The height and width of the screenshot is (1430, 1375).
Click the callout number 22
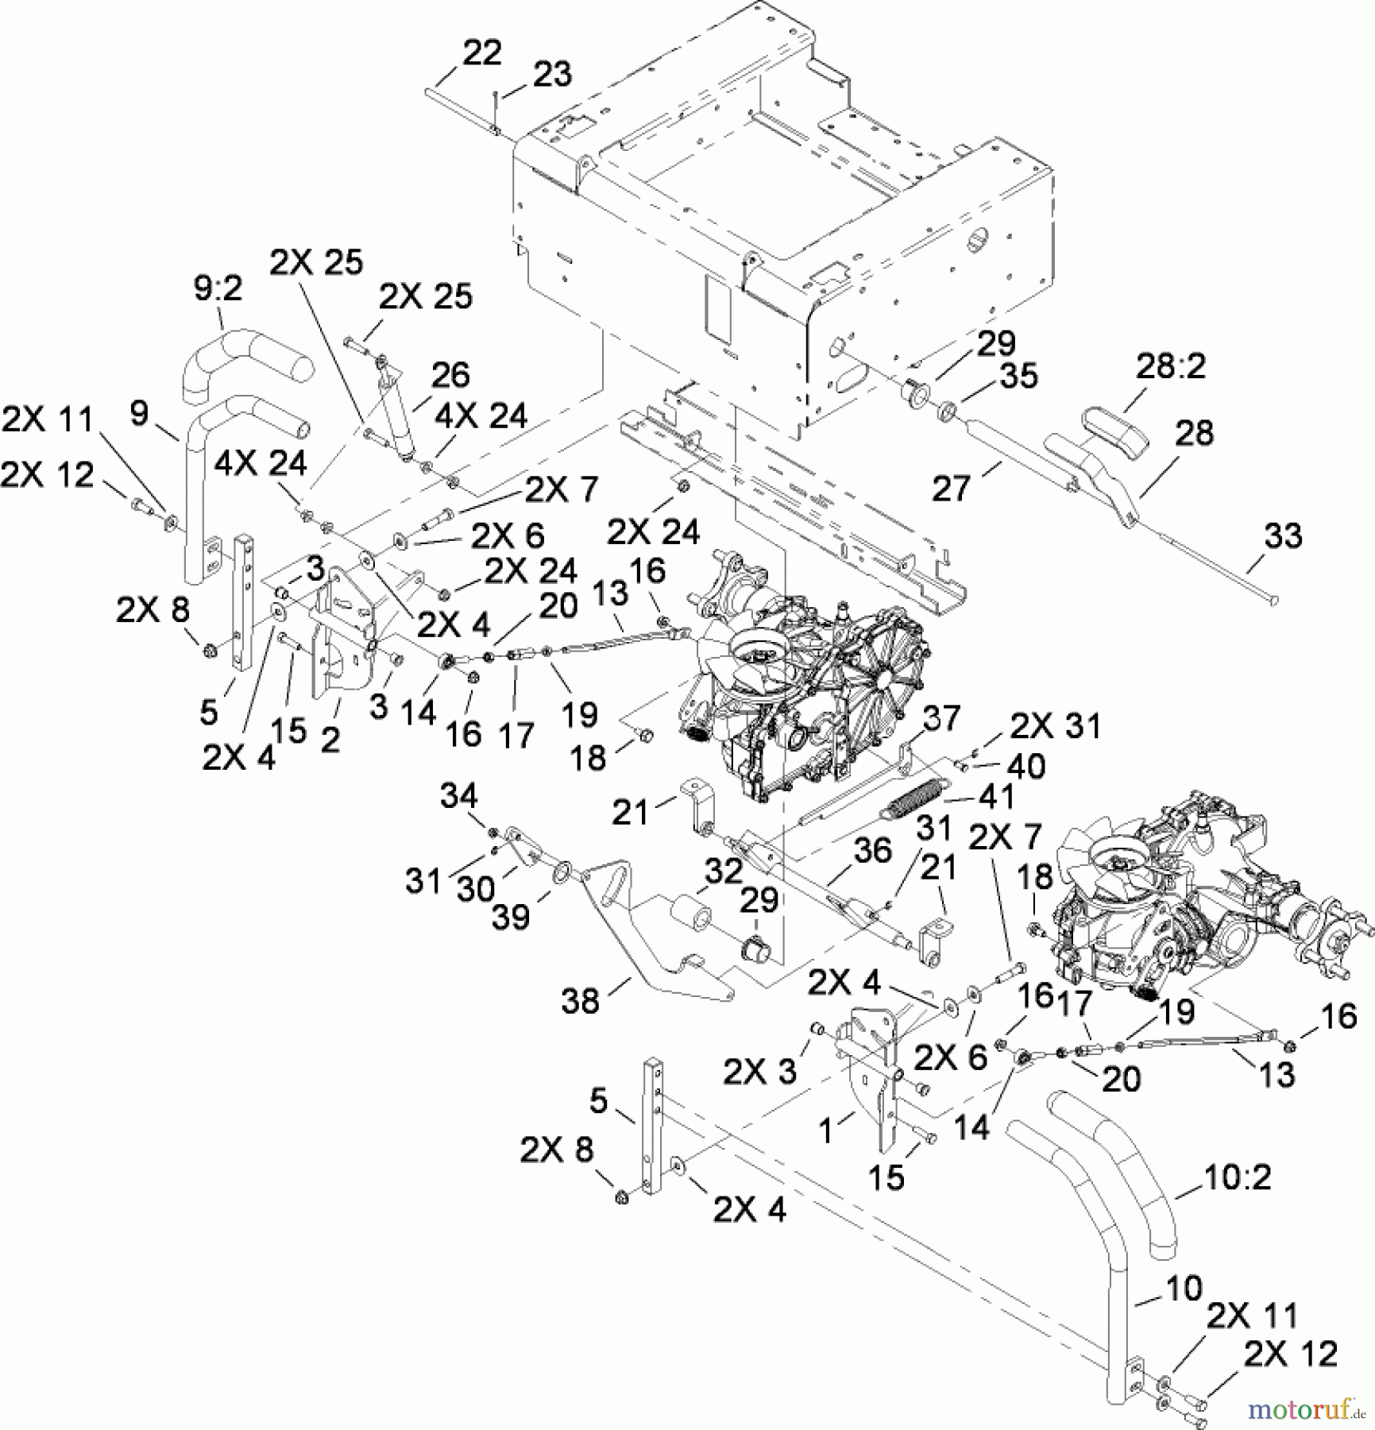coord(481,53)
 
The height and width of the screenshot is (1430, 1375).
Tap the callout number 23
coord(552,75)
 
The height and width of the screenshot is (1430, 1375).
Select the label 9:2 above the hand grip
coord(218,289)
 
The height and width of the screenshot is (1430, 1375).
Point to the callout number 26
coord(450,375)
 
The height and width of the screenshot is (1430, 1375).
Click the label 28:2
coord(1171,367)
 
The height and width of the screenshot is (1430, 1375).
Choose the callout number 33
coord(1283,536)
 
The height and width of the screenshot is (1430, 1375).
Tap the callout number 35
coord(1018,376)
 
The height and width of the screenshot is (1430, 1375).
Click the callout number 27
coord(952,489)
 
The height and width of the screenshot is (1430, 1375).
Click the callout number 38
coord(580,1001)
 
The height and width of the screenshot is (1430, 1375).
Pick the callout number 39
coord(511,918)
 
